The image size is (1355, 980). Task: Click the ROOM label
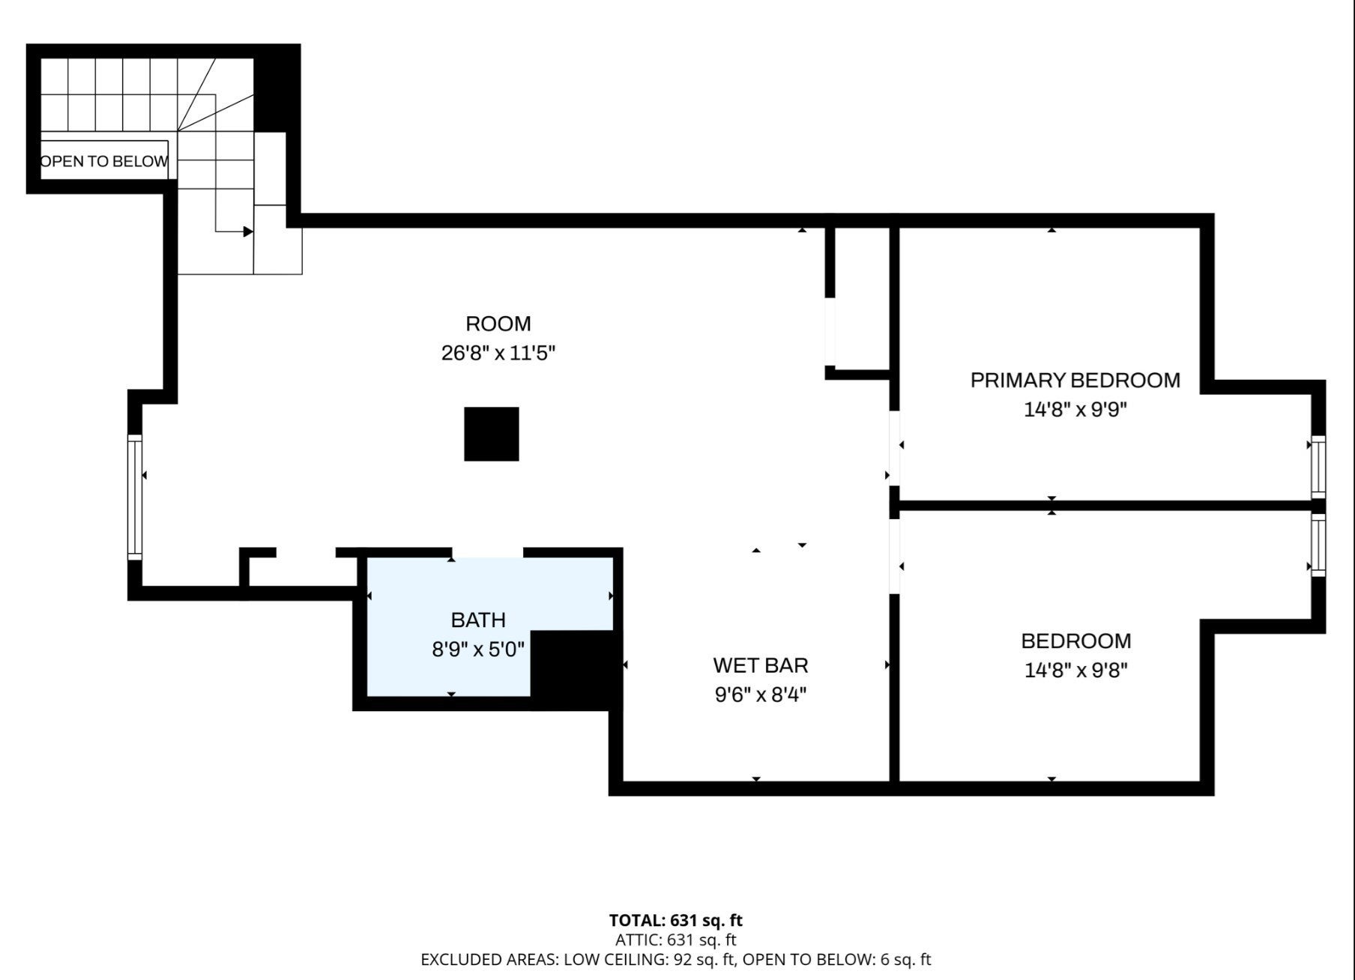coord(498,324)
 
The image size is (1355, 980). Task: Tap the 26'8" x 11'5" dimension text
coord(498,353)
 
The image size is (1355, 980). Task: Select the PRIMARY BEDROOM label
coord(1075,381)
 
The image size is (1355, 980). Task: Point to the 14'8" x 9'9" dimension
coord(1075,410)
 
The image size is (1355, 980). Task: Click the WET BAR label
coord(761,665)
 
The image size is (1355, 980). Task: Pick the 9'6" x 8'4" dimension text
coord(761,695)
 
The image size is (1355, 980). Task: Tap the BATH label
coord(478,620)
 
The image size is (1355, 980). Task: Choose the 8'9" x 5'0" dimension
coord(478,649)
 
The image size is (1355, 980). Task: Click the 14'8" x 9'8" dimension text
coord(1075,670)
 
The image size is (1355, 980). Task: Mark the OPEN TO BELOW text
coord(104,161)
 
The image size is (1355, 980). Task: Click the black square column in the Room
coord(492,434)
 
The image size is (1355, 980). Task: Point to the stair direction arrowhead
coord(248,232)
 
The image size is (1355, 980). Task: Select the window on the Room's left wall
coord(135,497)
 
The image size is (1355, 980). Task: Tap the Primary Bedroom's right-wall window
coord(1318,467)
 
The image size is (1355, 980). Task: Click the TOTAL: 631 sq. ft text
coord(676,920)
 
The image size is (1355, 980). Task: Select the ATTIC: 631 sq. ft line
coord(676,940)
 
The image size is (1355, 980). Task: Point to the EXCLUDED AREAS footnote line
coord(676,959)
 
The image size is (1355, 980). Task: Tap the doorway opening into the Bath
coord(487,553)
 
